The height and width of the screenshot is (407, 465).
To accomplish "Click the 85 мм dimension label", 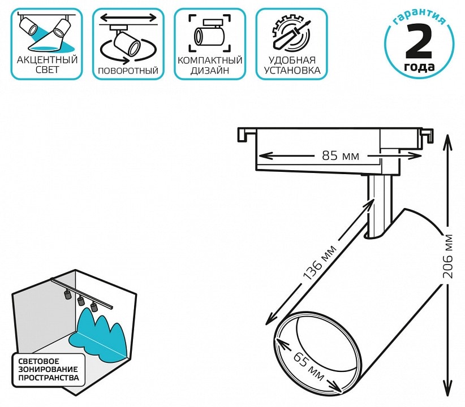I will [337, 154].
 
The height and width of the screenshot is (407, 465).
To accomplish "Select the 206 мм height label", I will [449, 256].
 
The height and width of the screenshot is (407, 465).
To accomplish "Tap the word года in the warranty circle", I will [419, 68].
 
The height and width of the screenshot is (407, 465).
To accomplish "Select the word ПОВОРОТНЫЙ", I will [128, 71].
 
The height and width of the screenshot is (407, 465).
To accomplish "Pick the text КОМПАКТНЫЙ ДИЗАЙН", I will [210, 65].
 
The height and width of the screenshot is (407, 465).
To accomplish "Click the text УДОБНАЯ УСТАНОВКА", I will [292, 65].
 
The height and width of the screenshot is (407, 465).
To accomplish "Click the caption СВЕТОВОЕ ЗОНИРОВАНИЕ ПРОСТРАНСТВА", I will [48, 368].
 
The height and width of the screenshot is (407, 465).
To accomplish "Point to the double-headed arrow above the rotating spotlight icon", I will [128, 18].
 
